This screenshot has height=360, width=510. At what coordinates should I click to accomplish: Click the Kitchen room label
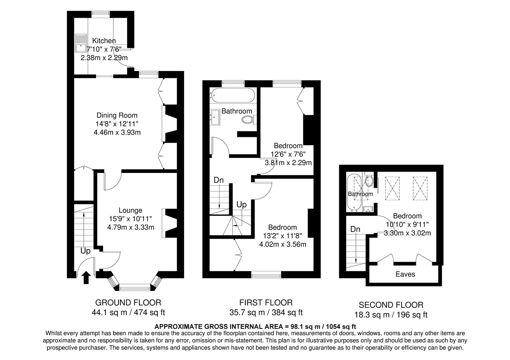[104, 41]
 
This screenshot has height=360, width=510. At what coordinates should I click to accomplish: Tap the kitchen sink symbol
[80, 43]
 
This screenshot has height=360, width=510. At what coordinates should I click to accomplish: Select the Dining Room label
[117, 115]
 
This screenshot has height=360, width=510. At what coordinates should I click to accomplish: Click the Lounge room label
[130, 210]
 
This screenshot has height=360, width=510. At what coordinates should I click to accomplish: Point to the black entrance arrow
[86, 277]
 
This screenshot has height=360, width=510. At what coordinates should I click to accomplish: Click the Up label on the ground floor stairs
[85, 251]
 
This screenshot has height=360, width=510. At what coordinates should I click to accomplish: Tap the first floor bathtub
[232, 95]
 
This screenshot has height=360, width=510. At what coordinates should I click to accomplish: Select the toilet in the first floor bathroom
[248, 119]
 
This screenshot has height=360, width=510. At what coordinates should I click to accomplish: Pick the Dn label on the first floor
[218, 180]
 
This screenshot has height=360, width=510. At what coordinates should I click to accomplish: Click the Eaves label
[405, 274]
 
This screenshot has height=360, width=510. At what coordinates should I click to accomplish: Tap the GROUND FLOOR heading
[128, 303]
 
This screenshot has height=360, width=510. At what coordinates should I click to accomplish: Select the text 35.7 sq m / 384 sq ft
[266, 313]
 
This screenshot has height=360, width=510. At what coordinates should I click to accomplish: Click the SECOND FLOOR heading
[391, 305]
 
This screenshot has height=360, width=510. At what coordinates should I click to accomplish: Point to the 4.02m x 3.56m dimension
[283, 244]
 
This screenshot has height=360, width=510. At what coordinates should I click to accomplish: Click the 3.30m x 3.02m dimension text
[407, 233]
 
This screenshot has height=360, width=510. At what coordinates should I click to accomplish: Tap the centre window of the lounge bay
[135, 287]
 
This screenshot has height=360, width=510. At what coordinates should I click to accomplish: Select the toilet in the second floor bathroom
[369, 181]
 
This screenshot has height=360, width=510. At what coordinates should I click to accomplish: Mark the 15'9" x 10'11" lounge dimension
[130, 219]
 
